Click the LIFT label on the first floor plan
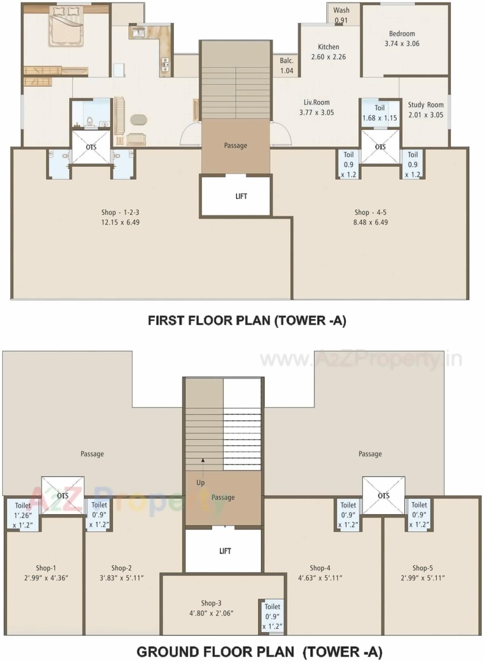click(241, 196)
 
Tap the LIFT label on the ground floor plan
click(225, 551)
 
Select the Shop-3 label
click(211, 603)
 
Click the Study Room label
click(425, 105)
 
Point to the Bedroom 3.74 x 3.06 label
click(402, 39)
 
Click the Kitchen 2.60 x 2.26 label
click(328, 52)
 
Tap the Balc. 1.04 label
click(286, 65)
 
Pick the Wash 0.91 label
click(341, 15)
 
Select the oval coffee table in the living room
click(139, 119)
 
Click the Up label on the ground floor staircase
click(200, 482)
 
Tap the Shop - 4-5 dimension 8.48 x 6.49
click(370, 222)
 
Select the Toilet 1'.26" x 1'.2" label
click(23, 515)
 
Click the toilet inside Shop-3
click(272, 616)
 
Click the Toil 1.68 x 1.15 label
click(379, 113)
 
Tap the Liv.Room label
click(316, 103)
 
